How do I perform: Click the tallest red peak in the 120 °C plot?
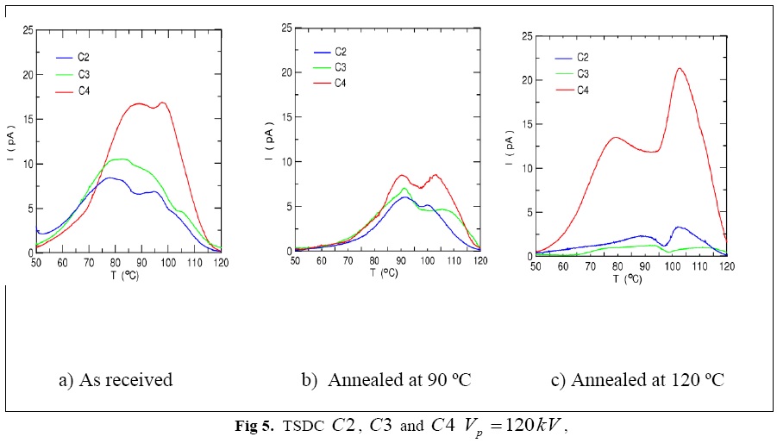coord(680,69)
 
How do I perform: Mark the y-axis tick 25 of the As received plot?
coord(29,31)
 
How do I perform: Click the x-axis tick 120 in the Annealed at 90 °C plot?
coord(479,259)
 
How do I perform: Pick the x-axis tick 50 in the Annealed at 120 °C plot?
coord(536,266)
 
